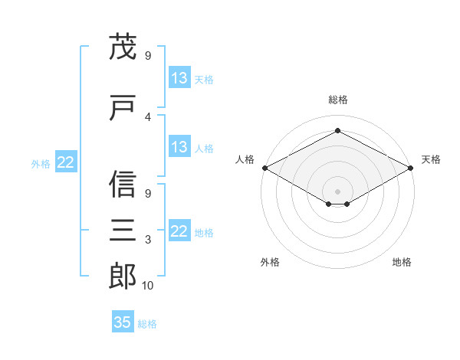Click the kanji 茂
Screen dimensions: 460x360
point(123,46)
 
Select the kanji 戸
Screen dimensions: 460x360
point(123,107)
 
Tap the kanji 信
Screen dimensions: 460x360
point(123,184)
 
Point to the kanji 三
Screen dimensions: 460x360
point(123,230)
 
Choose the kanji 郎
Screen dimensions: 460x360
point(123,276)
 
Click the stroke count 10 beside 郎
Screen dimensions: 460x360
point(147,286)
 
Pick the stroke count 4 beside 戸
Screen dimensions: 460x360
point(148,117)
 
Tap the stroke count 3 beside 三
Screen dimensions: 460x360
point(148,240)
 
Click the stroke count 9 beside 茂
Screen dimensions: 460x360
point(148,56)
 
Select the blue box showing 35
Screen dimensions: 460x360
point(123,321)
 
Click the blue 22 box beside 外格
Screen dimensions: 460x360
point(66,162)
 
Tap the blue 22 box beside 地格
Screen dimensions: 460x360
point(179,230)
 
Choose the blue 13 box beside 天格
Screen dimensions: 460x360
point(179,77)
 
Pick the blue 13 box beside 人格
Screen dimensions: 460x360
point(179,146)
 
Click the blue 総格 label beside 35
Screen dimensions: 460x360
point(147,324)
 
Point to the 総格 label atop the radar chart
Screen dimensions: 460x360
point(338,100)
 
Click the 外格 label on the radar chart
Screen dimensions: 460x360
point(270,262)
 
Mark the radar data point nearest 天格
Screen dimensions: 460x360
point(410,168)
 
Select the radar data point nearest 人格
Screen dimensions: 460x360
point(265,168)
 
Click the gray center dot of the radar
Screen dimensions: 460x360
point(337,191)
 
